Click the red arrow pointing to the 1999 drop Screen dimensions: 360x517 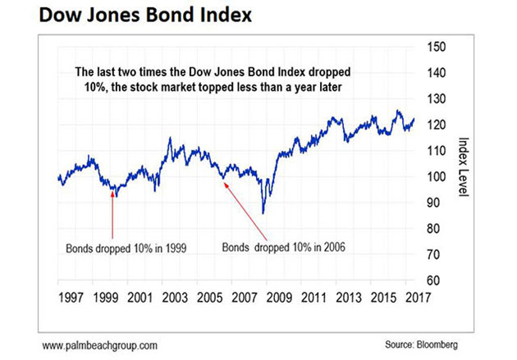112,215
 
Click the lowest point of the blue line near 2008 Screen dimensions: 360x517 263,213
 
